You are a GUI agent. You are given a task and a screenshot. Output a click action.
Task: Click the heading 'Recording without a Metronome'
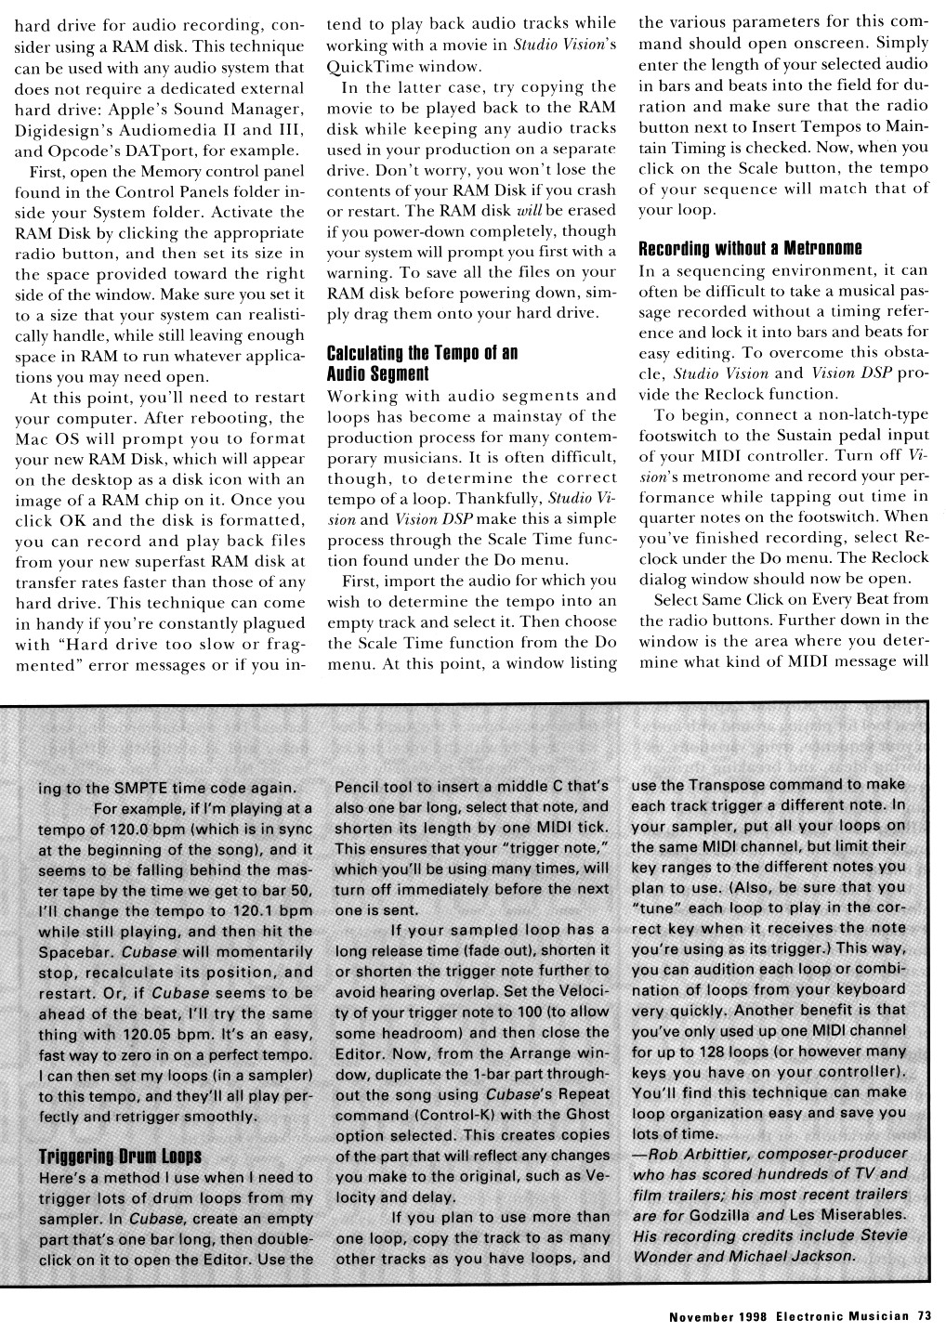click(751, 248)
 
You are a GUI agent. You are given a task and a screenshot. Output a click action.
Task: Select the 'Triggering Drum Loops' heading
click(120, 1156)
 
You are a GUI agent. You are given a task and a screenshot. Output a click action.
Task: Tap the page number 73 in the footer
click(924, 1314)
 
